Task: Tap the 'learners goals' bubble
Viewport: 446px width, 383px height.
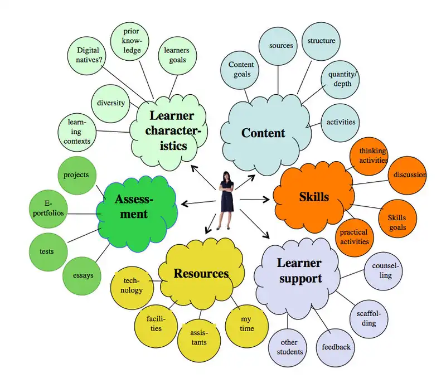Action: pos(176,55)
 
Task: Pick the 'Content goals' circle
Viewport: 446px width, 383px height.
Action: pos(241,70)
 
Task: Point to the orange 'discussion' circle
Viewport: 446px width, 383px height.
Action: pos(409,175)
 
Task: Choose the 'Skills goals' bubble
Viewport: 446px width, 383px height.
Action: pos(397,222)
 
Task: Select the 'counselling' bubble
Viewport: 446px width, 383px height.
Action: pos(382,270)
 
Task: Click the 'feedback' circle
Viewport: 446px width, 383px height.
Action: pos(336,347)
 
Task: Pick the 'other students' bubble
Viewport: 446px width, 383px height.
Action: pos(290,347)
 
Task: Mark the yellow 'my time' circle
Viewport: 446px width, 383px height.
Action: pos(246,323)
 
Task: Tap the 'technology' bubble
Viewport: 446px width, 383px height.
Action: pos(133,285)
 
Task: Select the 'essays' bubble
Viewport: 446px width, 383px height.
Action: pos(83,275)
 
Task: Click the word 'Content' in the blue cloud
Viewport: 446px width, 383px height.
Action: pos(263,133)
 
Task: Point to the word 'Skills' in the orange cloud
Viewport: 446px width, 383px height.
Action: pos(314,197)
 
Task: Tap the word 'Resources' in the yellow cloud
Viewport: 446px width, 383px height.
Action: pos(201,274)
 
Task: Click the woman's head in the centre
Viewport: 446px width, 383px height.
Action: pos(227,176)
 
